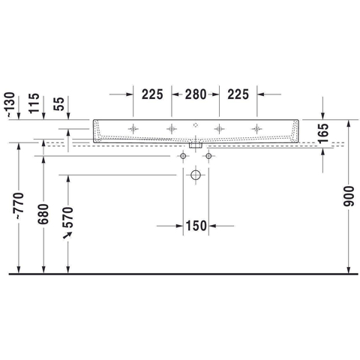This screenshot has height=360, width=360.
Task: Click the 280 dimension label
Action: click(x=196, y=94)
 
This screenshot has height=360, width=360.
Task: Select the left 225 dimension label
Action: click(x=152, y=94)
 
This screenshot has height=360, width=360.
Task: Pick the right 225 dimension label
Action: click(x=238, y=94)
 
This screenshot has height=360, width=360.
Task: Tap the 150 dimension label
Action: click(x=196, y=226)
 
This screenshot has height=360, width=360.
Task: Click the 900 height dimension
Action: click(x=349, y=196)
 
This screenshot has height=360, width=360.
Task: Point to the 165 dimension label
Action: click(x=323, y=133)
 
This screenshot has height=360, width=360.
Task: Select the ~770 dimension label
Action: click(x=19, y=206)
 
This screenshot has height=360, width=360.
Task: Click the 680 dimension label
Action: click(x=43, y=214)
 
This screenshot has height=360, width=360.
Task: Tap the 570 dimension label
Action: click(x=67, y=217)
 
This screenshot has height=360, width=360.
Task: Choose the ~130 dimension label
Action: click(x=10, y=105)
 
